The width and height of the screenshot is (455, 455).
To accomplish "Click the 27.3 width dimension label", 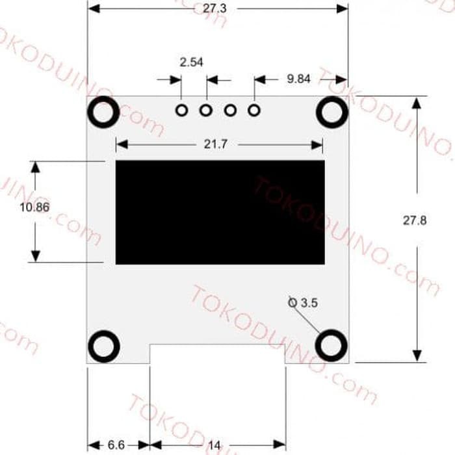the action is click(214, 8).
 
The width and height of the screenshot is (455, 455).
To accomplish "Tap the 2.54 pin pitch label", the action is click(192, 62).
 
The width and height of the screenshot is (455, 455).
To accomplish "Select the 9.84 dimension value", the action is click(298, 79).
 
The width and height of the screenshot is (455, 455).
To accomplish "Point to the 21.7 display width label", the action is click(216, 144).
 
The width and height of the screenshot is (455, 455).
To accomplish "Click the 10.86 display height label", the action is click(34, 207).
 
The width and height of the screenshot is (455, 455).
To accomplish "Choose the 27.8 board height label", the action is click(415, 220).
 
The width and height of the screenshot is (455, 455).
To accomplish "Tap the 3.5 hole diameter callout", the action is click(304, 303).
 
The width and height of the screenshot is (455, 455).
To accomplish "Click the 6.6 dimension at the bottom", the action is click(116, 445).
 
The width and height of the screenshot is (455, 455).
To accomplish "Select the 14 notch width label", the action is click(214, 445).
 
